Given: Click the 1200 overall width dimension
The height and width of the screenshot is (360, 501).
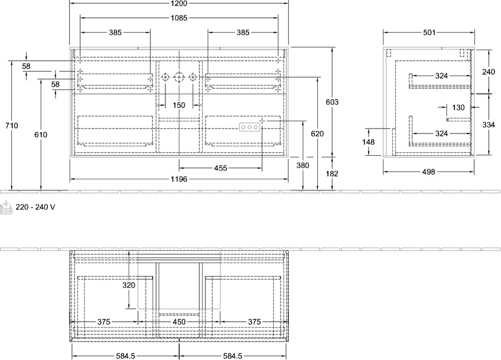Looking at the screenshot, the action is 179,3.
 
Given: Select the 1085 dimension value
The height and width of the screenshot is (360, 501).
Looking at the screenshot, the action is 179,18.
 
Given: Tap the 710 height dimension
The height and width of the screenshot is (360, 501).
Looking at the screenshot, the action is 12,126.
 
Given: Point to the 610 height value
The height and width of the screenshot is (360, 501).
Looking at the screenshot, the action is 41,135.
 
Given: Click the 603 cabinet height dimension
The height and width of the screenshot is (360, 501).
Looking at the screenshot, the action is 332,102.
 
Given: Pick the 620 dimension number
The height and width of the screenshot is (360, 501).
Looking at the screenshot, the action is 317,134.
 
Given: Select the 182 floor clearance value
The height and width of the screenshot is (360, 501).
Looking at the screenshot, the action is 332,174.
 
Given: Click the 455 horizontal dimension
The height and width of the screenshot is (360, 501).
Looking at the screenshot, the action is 220,168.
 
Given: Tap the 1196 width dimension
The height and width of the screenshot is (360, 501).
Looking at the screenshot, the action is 179,179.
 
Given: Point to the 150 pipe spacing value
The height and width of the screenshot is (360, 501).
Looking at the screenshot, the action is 179,105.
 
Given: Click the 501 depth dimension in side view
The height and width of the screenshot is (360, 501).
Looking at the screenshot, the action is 429,32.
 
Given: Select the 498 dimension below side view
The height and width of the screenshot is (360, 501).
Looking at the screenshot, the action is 429,172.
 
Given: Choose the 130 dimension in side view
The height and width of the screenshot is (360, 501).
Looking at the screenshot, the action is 458,107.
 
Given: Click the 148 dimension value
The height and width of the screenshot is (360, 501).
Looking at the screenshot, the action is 369,141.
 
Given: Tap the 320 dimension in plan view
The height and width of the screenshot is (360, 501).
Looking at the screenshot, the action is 129,285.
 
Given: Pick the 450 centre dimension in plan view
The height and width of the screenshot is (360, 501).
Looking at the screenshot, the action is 179,322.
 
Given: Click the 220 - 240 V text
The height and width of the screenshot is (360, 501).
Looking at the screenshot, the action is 36,207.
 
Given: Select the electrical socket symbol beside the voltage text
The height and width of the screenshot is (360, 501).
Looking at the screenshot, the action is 6,208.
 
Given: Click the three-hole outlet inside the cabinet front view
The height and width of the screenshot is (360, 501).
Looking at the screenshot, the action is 249,127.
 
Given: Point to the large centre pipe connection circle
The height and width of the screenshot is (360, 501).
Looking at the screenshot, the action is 179,77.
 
